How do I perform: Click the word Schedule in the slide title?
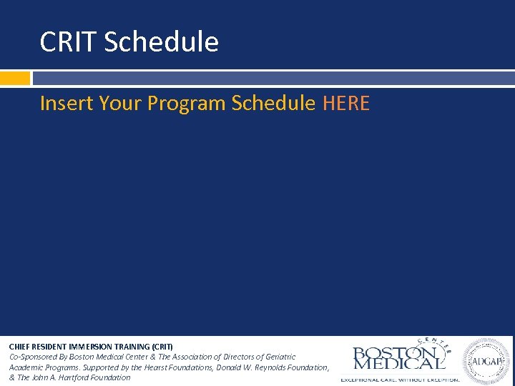(x=161, y=43)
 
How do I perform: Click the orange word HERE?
(x=346, y=104)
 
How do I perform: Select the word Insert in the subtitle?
(x=67, y=104)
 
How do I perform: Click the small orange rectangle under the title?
(x=15, y=78)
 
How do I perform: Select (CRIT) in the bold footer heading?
(x=161, y=347)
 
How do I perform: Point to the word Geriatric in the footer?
(x=278, y=357)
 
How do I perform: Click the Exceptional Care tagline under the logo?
(x=399, y=378)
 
